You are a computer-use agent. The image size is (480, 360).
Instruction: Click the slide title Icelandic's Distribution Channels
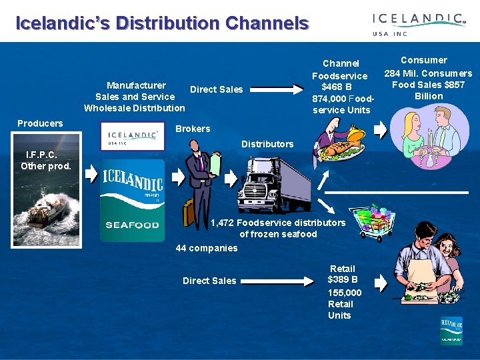coord(162,24)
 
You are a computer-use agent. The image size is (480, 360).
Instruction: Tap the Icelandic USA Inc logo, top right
coord(419,25)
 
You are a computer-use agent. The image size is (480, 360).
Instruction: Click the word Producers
coord(40,123)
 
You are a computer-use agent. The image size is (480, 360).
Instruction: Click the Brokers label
coord(193,129)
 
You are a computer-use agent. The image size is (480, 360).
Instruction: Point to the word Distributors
coord(267,144)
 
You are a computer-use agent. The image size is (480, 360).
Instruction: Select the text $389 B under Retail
coord(343,279)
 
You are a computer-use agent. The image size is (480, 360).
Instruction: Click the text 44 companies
coord(207,248)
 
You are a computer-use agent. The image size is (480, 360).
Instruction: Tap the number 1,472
coord(223,223)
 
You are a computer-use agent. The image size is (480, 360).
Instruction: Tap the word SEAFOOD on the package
coord(132,225)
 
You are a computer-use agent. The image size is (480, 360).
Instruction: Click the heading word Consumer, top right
coord(424,60)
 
